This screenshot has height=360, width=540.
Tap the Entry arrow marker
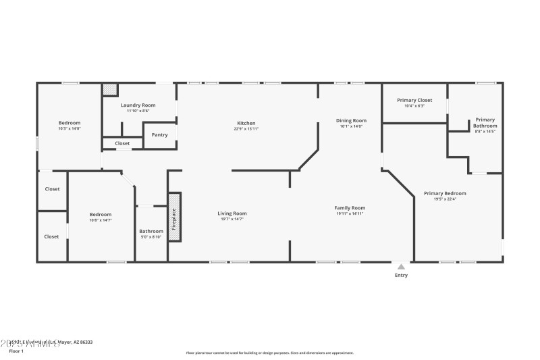(402, 266)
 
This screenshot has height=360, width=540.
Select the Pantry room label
(159, 135)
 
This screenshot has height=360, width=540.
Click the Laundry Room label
(138, 105)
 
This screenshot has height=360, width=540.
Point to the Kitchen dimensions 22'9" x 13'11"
(246, 128)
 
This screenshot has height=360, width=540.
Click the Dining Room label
(351, 121)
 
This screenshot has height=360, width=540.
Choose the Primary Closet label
(414, 100)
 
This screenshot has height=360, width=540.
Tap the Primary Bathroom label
(485, 123)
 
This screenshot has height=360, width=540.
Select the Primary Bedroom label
(445, 194)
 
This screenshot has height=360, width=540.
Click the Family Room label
(350, 208)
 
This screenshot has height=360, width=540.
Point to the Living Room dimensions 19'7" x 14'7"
(232, 219)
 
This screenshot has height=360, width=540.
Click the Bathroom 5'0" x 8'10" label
(151, 234)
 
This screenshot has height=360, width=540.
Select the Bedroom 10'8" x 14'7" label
(101, 217)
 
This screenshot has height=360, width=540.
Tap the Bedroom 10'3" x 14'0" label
(69, 125)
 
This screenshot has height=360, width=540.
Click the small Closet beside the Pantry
(122, 144)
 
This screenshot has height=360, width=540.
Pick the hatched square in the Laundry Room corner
(109, 89)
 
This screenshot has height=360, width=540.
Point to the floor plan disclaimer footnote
(269, 353)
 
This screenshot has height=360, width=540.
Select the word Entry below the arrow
(401, 275)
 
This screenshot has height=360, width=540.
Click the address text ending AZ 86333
(51, 342)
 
